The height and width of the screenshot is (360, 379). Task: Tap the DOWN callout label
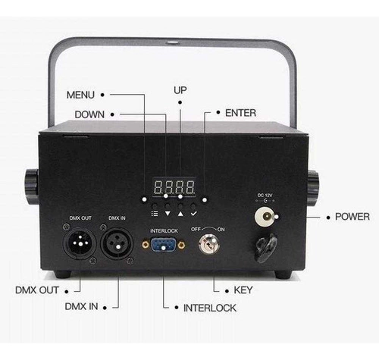(x=89, y=114)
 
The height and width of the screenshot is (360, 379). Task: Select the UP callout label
(x=180, y=90)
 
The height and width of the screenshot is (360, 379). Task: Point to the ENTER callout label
(x=240, y=113)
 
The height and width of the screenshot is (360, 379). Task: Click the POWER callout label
(x=352, y=217)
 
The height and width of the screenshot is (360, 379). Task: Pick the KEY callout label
(x=243, y=290)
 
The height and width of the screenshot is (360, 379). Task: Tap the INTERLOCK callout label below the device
(x=210, y=308)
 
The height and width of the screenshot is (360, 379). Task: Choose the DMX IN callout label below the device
(x=81, y=306)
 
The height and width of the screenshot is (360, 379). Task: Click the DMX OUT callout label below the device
(x=37, y=290)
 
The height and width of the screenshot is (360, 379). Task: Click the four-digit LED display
(x=174, y=187)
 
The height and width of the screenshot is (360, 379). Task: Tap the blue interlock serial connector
(x=164, y=245)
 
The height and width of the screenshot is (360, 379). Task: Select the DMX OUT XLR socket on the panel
(x=80, y=243)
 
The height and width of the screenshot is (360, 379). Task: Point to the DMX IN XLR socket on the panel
(x=117, y=243)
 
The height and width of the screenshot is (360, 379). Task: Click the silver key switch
(x=208, y=244)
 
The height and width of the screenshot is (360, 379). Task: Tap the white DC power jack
(x=265, y=216)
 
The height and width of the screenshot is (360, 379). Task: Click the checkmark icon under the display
(x=193, y=214)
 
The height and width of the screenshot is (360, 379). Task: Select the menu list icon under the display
(x=155, y=214)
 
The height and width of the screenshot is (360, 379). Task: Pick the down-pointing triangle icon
(x=168, y=214)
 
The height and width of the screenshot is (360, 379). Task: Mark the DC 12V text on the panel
(x=265, y=196)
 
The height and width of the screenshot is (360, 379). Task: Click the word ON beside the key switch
(x=221, y=230)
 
